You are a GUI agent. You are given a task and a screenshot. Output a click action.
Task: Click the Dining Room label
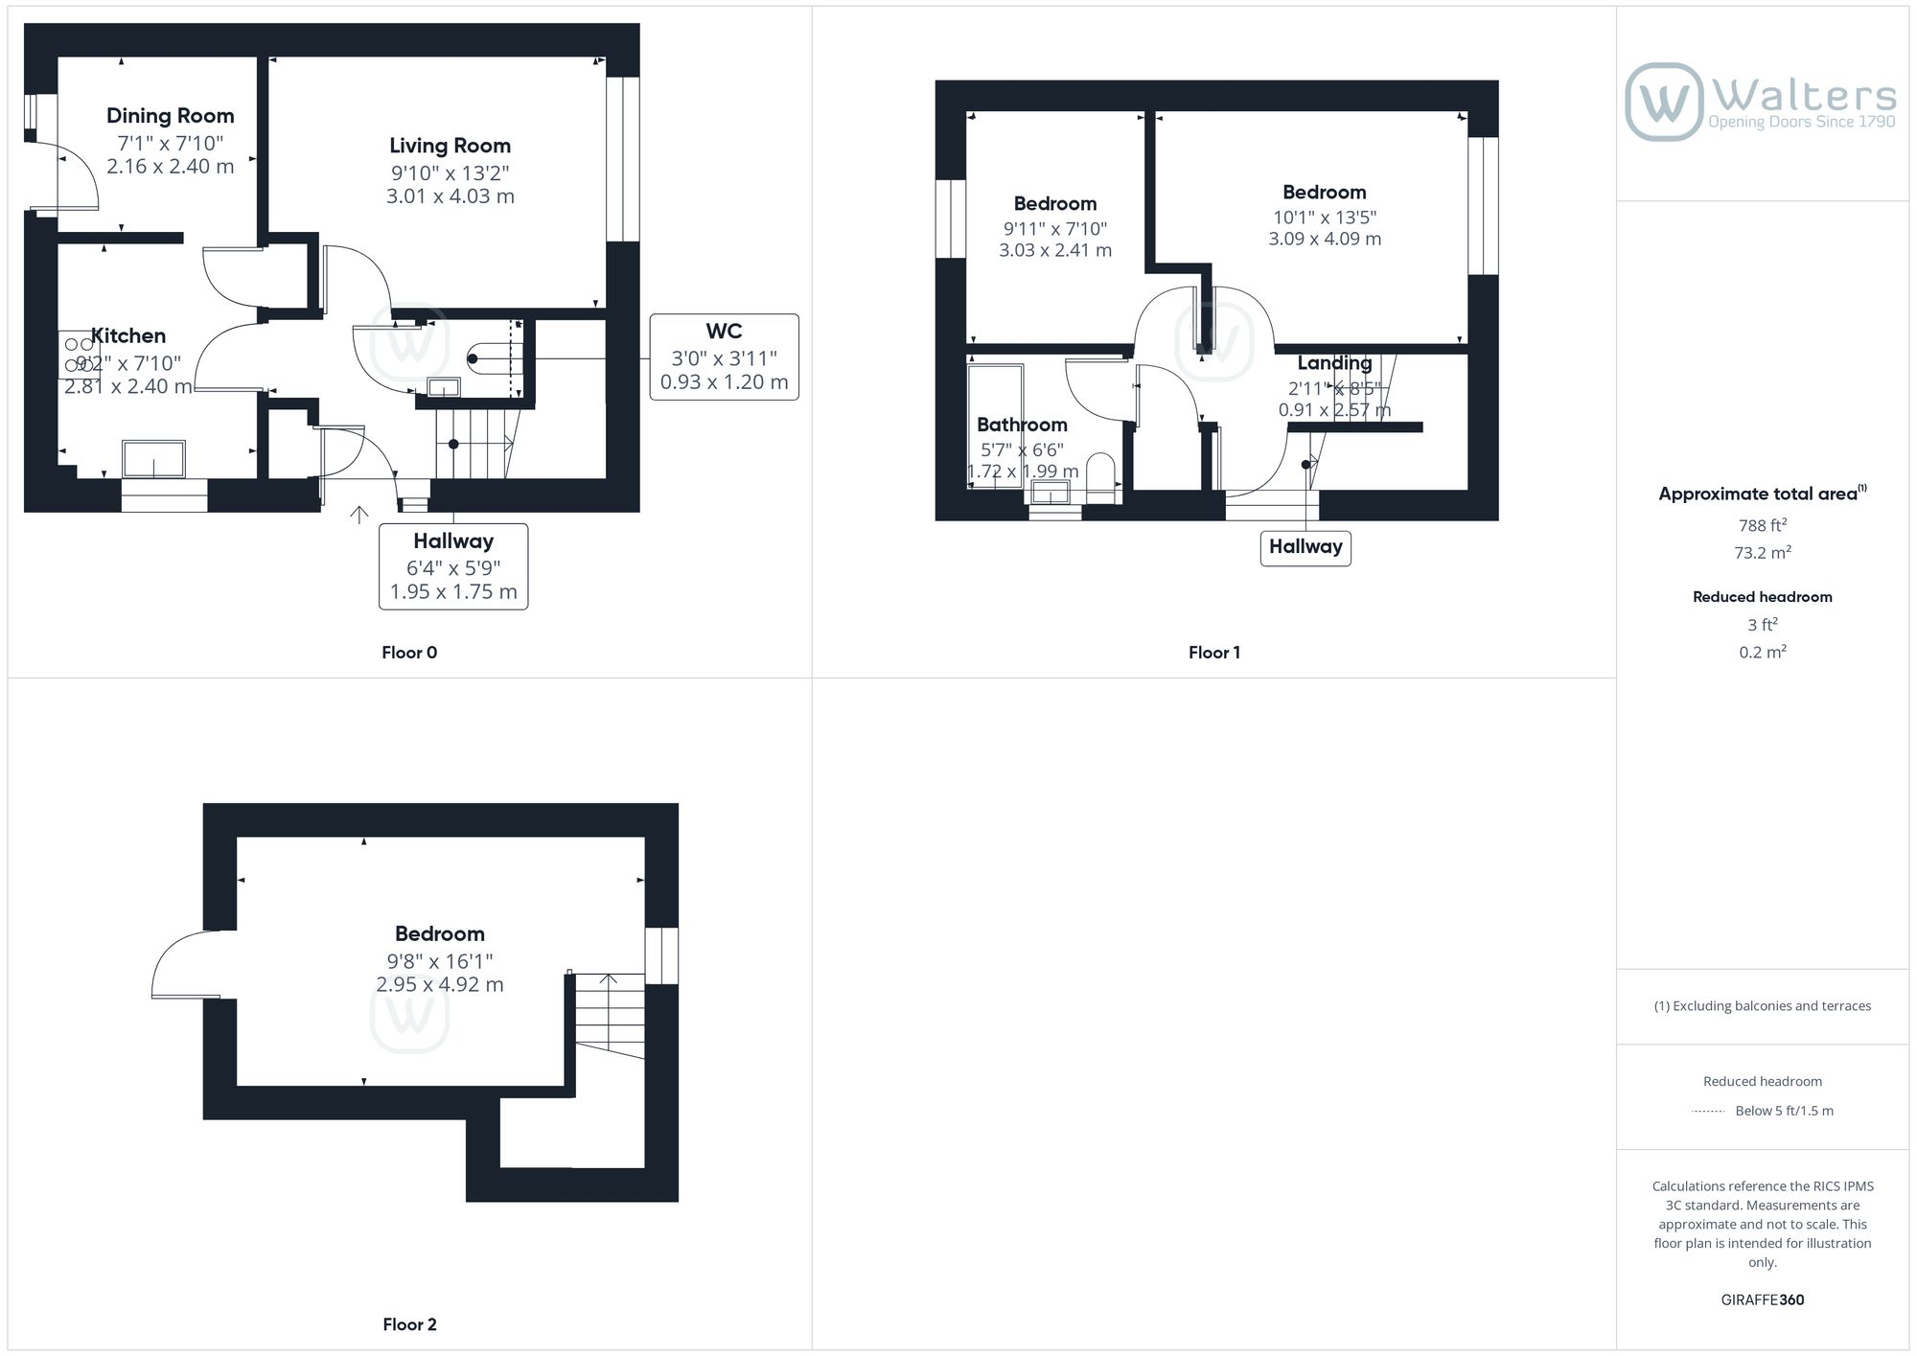171,116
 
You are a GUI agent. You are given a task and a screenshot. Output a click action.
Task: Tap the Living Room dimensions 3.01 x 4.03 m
450,196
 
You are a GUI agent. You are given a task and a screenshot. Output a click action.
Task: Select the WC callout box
724,356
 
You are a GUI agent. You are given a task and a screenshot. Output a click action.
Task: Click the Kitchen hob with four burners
79,355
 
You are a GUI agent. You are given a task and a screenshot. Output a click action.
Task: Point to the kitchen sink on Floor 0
153,459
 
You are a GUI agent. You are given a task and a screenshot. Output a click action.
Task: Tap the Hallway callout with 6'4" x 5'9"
453,566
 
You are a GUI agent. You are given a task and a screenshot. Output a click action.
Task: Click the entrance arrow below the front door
359,515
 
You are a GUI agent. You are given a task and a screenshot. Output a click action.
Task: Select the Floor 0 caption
409,653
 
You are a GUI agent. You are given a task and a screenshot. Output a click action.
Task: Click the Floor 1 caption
1214,653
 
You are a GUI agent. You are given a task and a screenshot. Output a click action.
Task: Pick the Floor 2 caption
409,1324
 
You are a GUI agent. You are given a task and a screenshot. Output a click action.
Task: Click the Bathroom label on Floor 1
1022,425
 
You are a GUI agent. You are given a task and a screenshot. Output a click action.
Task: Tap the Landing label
1334,363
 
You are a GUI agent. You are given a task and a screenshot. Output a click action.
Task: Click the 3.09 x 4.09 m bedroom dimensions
1325,239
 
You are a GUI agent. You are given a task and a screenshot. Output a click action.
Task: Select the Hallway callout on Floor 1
1305,547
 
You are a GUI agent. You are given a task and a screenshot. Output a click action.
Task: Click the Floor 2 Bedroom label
440,933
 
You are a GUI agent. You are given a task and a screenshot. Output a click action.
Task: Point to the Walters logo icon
1664,102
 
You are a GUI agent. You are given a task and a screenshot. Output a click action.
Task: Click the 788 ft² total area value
1763,525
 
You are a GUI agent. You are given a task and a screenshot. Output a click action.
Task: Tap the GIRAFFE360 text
1763,1299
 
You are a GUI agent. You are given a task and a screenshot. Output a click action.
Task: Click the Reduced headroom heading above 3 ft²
1763,597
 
